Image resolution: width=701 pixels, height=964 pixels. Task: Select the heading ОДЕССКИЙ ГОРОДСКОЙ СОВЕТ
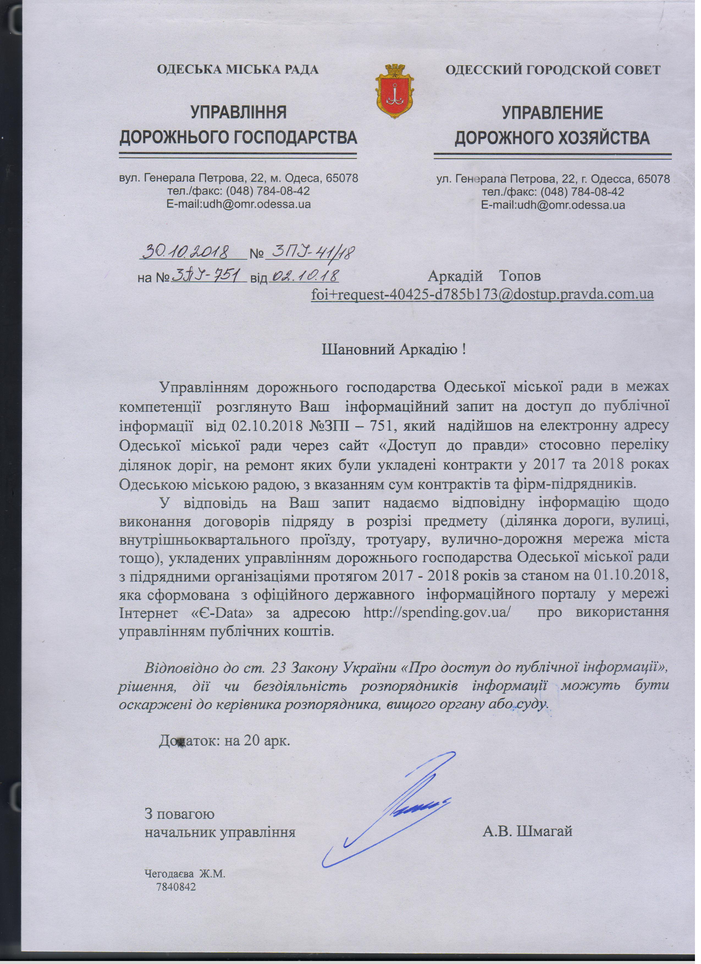[x=553, y=70]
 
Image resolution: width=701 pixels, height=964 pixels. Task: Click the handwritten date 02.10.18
[x=304, y=276]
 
